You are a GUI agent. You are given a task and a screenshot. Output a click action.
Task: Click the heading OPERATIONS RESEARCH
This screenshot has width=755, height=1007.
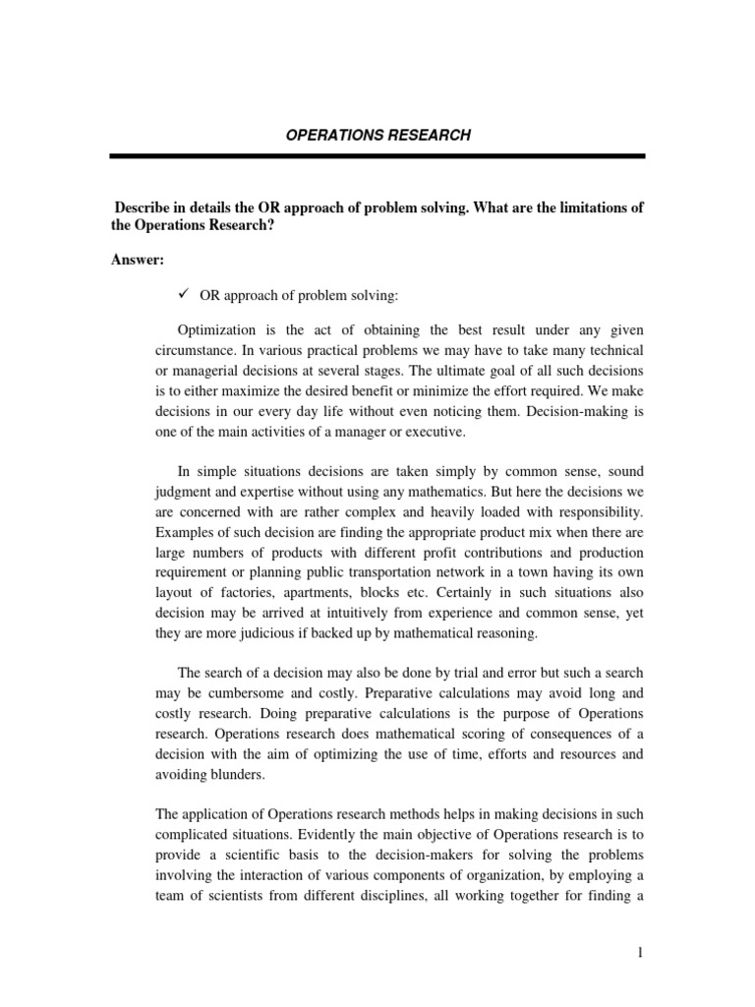click(x=377, y=135)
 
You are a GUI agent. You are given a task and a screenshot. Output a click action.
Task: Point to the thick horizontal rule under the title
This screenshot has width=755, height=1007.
click(x=377, y=156)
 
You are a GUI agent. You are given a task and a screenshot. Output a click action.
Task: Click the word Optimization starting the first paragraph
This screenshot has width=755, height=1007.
click(x=216, y=329)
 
